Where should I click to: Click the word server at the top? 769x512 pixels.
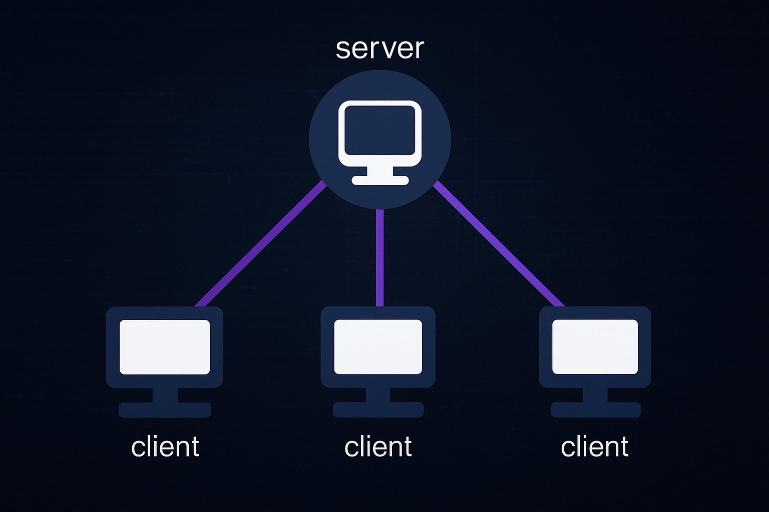pos(379,48)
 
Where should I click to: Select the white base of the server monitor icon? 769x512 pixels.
pos(380,180)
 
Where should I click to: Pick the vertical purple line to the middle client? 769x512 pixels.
pos(379,257)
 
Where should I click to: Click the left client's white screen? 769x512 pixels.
pos(165,346)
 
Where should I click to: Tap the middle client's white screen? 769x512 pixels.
pos(378,346)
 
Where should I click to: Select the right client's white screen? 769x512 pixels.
pos(595,346)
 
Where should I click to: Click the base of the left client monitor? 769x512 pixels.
pos(165,409)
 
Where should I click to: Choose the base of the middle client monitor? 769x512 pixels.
pos(378,409)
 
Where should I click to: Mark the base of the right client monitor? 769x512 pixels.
pos(595,409)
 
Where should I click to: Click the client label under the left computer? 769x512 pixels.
pos(165,446)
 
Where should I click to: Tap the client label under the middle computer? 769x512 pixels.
pos(378,446)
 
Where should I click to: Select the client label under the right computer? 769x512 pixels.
pos(594,446)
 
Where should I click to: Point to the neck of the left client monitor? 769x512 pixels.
pos(165,394)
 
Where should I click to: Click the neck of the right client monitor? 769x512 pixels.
pos(595,394)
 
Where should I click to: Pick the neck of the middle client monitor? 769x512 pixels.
pos(378,394)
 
